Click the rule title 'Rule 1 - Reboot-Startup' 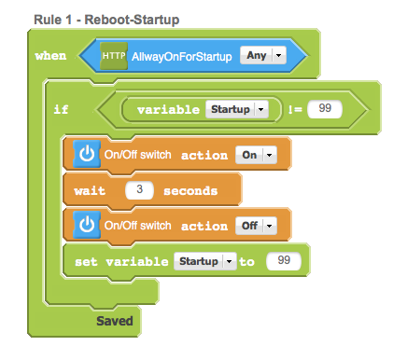106,20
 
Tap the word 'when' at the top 50,56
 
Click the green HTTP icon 114,56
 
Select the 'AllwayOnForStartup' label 182,57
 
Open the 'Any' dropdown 263,56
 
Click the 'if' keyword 61,109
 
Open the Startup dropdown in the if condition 237,109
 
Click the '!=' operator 295,109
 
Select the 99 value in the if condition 325,109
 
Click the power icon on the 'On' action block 87,154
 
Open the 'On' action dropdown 256,155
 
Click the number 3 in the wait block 139,189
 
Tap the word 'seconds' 190,191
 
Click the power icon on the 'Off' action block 87,225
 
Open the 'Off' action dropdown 256,226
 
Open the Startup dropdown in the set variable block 205,261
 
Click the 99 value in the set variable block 284,260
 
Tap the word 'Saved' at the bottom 115,321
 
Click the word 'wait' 90,190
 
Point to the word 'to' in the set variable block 246,262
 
